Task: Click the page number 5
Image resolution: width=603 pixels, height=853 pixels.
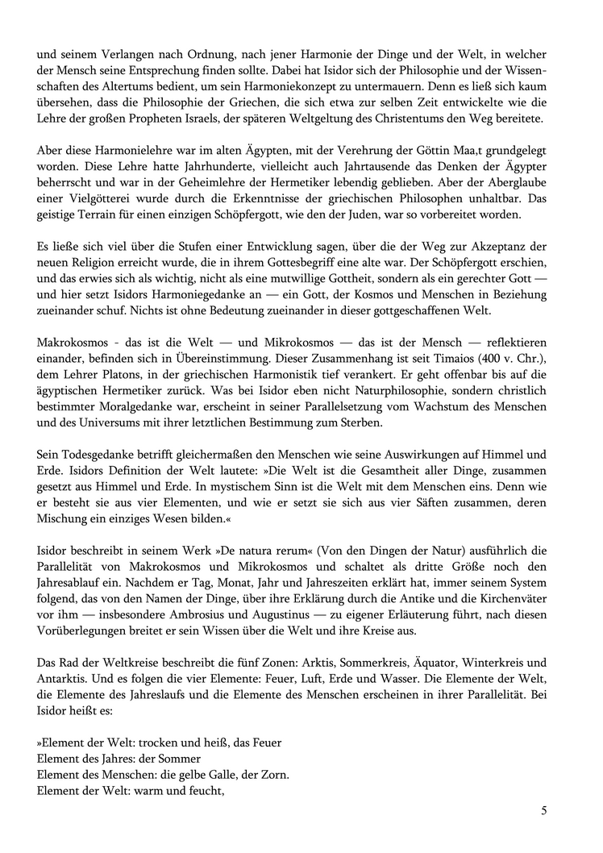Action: (544, 810)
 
